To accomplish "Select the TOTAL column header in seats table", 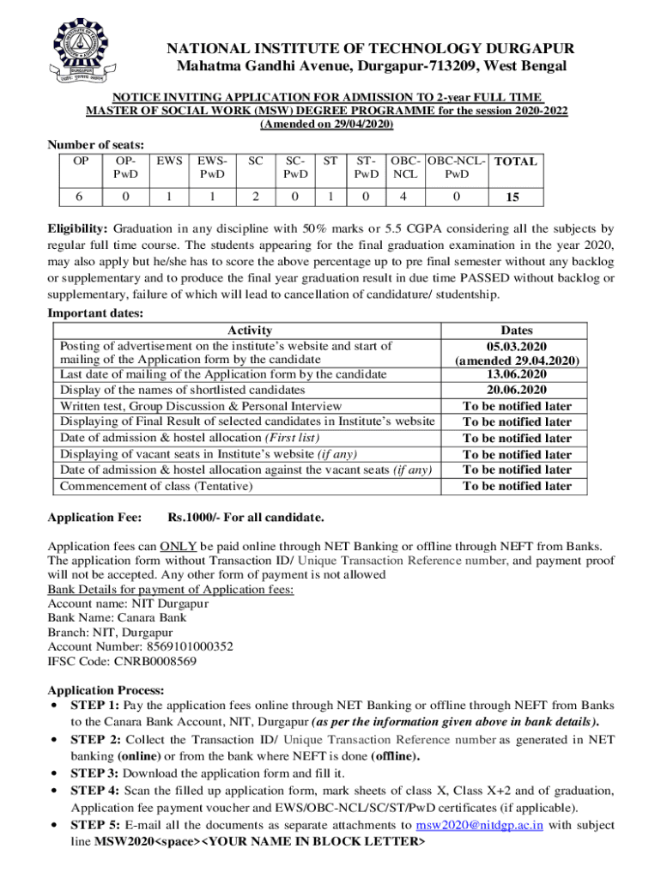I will pos(517,161).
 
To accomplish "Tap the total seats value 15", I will pos(512,197).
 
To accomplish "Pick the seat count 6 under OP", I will pos(78,196).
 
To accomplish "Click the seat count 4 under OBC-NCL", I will pos(404,196).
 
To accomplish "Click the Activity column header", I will pos(250,330).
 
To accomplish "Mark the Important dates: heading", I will pos(96,313).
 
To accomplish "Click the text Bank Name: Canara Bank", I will pos(117,617).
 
